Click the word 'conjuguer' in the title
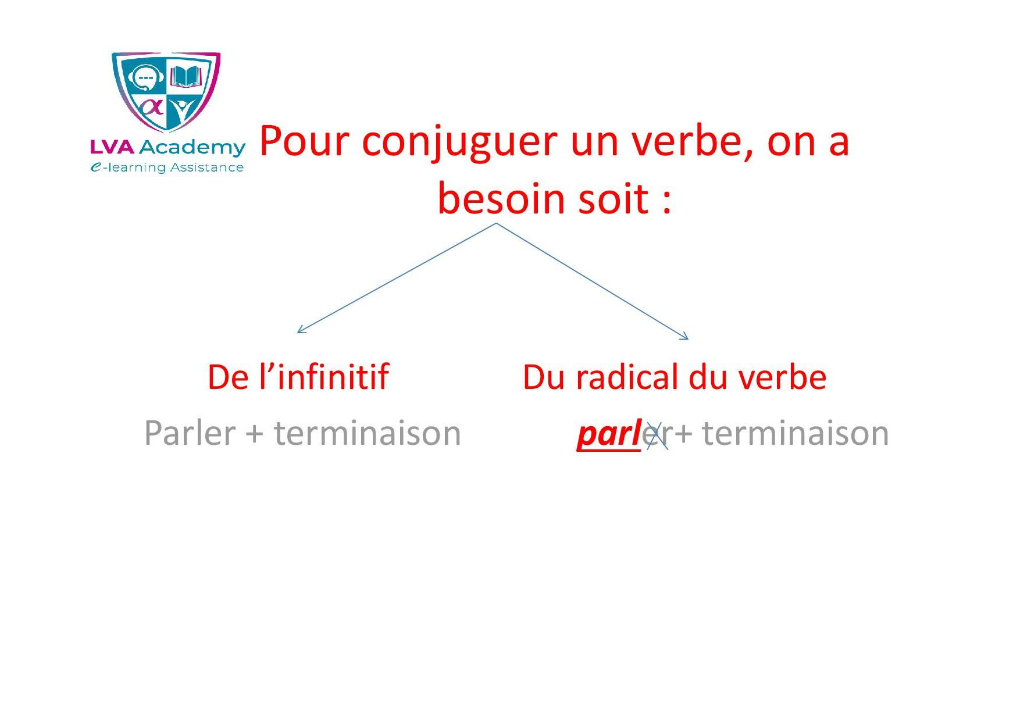459,143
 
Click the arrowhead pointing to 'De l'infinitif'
301,330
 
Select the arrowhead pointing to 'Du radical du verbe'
685,336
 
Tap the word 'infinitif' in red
333,377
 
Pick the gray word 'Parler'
190,433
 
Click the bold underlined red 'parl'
608,434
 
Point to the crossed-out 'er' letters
657,436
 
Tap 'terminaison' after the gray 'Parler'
368,434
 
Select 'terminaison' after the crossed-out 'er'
796,434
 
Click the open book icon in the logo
186,77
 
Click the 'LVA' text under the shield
112,147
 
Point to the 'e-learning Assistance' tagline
167,167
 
